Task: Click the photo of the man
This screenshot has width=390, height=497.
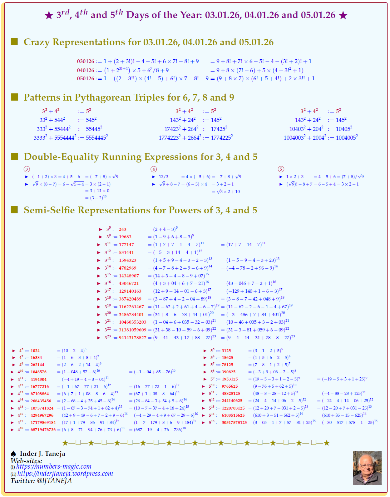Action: pos(367,467)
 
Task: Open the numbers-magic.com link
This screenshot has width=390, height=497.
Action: pos(54,466)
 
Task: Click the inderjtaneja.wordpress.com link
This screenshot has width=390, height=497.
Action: pos(65,474)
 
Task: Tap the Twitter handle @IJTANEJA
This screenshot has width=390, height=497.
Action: pos(54,481)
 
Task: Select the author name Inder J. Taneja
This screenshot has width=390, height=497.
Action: pos(42,454)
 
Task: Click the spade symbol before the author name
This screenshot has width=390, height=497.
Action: pos(13,454)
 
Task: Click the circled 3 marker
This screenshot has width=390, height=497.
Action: pos(27,169)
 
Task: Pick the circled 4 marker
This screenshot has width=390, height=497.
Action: pos(154,169)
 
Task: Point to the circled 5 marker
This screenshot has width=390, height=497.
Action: pos(281,169)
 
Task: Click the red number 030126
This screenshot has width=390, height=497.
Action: pos(86,62)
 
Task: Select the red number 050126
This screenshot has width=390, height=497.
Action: pos(86,78)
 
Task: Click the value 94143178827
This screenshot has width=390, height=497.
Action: pos(132,338)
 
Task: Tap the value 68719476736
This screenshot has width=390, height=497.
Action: pos(43,430)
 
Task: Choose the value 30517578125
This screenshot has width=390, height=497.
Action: pos(234,423)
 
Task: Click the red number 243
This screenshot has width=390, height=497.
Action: pos(122,229)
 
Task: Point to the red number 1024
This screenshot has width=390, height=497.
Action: pos(35,351)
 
